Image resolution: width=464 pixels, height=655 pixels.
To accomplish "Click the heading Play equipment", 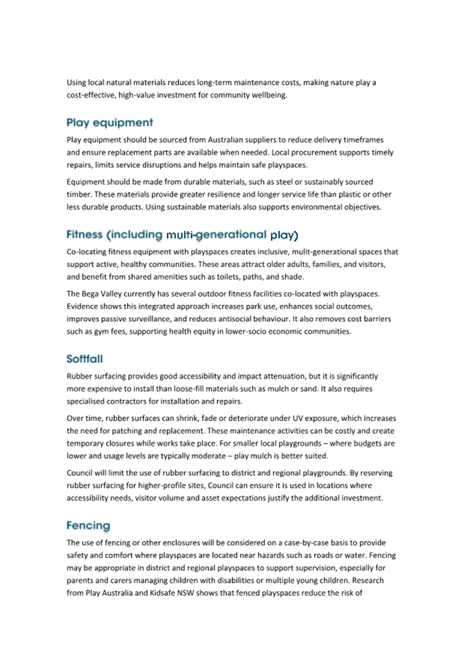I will point(109,123).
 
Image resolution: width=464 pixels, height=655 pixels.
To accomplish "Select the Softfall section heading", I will point(85,359).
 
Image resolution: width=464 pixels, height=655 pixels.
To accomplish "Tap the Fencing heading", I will point(88,526).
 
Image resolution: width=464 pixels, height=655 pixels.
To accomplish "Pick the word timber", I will point(78,195).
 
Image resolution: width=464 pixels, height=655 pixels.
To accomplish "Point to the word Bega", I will point(92,294).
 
